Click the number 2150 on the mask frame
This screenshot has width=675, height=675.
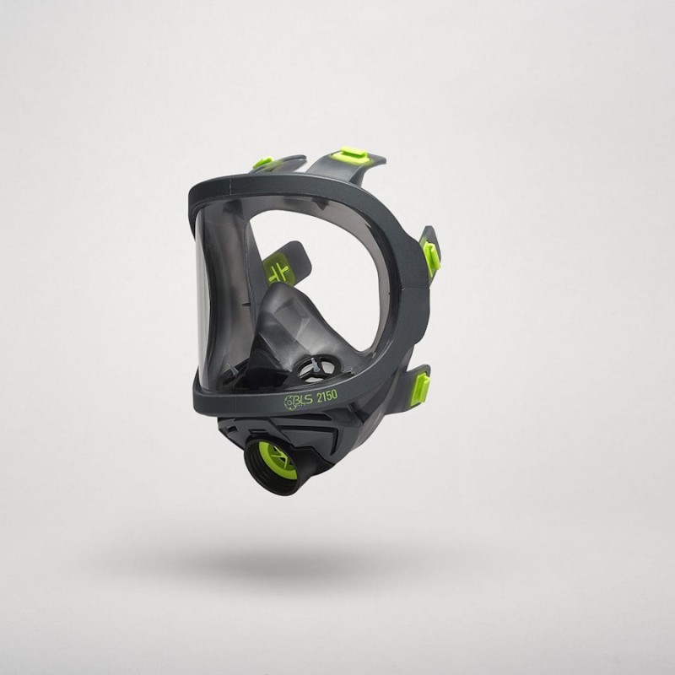point(327,396)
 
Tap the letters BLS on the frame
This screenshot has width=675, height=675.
point(304,400)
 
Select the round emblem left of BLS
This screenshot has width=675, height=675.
point(289,403)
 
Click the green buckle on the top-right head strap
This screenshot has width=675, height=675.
point(354,154)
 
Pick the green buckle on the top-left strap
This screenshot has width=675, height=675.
point(262,163)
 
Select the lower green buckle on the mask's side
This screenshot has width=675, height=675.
point(423,386)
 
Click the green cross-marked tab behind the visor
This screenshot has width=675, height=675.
point(277,269)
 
